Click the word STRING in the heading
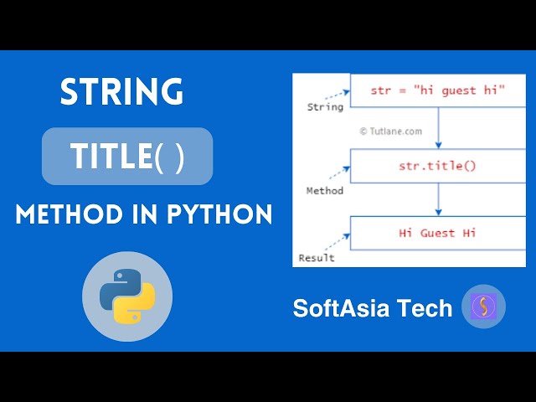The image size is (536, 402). (121, 91)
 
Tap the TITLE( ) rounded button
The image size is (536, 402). (127, 156)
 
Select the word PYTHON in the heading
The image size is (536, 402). (221, 215)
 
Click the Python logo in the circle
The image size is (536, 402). (127, 296)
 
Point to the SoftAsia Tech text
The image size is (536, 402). (372, 308)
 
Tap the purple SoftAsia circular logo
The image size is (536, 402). (483, 307)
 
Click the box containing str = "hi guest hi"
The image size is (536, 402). (437, 90)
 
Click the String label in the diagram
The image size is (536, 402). (325, 107)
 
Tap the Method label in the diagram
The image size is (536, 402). (324, 191)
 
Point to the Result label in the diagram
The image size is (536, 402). (317, 257)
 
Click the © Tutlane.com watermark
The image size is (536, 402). (390, 131)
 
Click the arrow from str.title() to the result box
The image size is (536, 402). (437, 199)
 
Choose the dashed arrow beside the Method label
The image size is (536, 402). (338, 173)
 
